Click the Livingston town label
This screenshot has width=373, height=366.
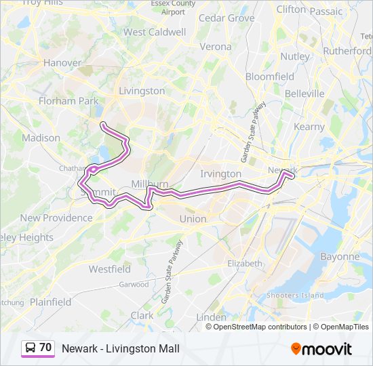[x=142, y=91]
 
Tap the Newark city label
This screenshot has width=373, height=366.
[x=283, y=169]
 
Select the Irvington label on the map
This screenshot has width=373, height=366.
[x=220, y=174]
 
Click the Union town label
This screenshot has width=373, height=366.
[x=193, y=219]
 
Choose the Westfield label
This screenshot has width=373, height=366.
[x=110, y=269]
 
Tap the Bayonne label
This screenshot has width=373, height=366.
[x=340, y=257]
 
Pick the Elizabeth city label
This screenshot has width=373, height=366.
[x=245, y=263]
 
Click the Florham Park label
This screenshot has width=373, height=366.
[x=68, y=101]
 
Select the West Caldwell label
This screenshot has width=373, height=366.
[x=155, y=32]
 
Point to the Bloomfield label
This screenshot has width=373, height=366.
[x=270, y=77]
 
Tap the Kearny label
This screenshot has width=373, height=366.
[x=309, y=127]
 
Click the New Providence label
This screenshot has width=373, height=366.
[x=56, y=218]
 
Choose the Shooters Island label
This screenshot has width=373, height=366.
[x=295, y=295]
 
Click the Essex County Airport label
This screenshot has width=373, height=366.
[x=173, y=7]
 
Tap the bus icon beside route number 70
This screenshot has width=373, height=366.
[x=31, y=348]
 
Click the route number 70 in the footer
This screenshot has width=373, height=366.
[x=45, y=348]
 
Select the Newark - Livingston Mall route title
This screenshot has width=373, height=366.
[x=121, y=348]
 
